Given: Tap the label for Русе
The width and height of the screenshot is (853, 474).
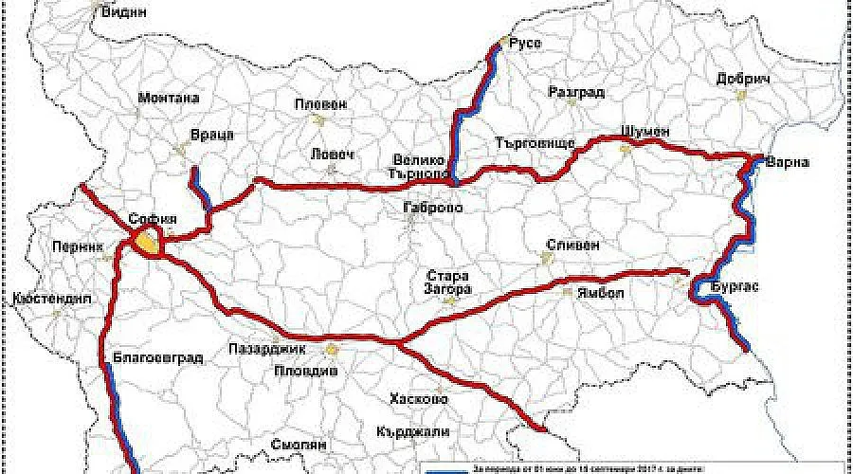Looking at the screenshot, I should coord(525,44).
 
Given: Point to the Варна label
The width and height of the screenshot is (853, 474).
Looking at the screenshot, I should coord(789,161).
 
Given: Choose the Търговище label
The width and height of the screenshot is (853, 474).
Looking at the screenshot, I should coord(536,144).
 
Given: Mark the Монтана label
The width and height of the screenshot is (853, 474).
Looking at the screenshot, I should coord(169,98).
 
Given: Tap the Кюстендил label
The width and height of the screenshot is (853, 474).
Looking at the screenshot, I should coord(52,297).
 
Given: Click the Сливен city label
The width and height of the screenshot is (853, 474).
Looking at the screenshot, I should coord(572,244).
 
